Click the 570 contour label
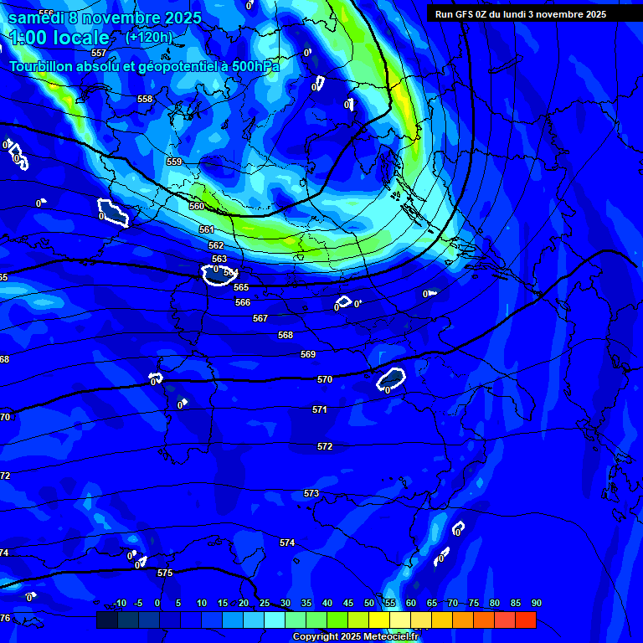325,379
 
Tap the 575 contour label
165,574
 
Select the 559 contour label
174,162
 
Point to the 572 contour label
325,446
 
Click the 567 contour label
260,318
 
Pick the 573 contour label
311,493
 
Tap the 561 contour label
207,229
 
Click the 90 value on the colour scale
536,603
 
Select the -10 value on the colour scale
119,603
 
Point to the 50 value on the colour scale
369,603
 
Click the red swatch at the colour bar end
525,620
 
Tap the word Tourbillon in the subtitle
42,66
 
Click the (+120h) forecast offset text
148,37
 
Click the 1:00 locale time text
59,38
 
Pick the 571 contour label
319,409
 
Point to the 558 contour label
145,99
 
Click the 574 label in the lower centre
287,543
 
